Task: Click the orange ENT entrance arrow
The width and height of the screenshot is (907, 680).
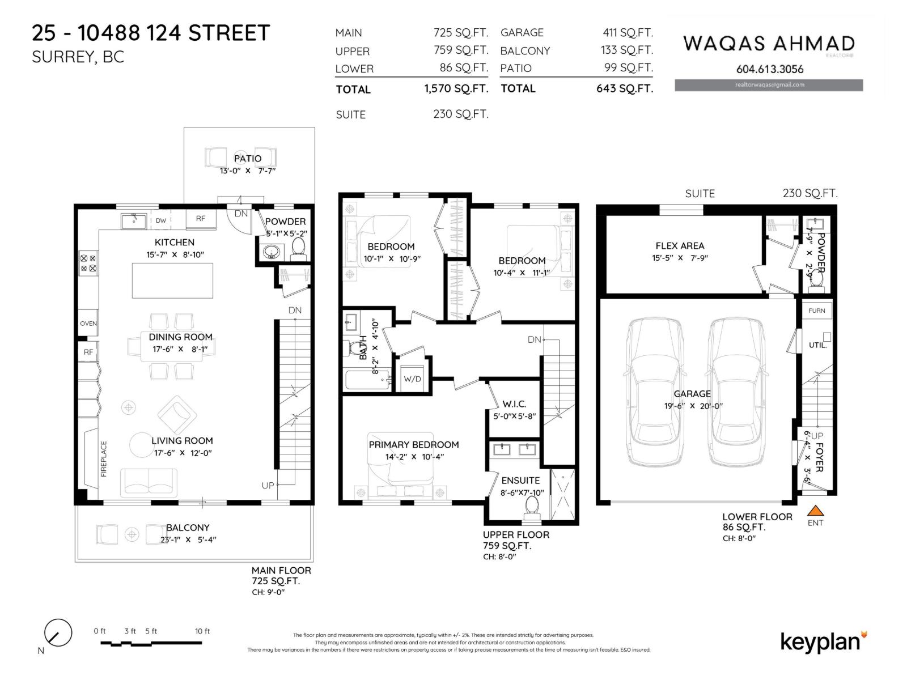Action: [x=815, y=511]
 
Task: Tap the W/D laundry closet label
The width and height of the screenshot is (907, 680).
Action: [x=412, y=379]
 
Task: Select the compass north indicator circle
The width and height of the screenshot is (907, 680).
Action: [x=58, y=632]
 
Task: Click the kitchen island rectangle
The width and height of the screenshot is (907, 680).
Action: [x=172, y=280]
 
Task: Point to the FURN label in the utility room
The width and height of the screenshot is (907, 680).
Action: [x=817, y=311]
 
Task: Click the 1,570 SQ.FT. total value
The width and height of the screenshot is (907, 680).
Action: [x=456, y=89]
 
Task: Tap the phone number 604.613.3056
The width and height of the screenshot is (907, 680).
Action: [x=769, y=69]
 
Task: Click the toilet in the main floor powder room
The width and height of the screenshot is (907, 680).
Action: [x=298, y=247]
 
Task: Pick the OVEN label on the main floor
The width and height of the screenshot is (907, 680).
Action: [x=88, y=324]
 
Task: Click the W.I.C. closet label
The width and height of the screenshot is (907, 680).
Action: [x=514, y=404]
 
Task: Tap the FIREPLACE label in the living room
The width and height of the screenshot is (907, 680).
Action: [x=104, y=458]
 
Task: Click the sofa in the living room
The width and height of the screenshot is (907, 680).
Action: [x=149, y=483]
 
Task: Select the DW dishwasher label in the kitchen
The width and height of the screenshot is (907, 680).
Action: [x=161, y=220]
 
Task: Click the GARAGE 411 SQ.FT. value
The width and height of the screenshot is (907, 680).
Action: [x=628, y=33]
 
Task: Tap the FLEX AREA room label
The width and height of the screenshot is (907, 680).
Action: [x=680, y=246]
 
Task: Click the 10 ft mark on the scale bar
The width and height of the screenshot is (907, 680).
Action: [x=202, y=631]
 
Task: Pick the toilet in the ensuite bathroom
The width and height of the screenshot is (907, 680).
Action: [x=532, y=506]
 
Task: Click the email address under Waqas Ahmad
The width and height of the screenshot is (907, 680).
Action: [x=769, y=85]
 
